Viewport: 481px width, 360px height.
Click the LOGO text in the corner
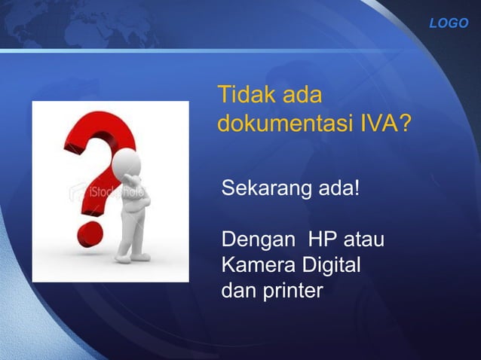click(449, 23)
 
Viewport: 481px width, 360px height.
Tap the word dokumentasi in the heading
click(280, 122)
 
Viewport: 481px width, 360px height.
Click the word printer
click(292, 289)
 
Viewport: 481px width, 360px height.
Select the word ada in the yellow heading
click(302, 96)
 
